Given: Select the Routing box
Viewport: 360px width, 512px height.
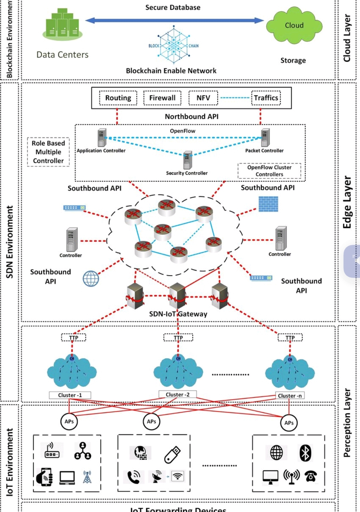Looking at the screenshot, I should pos(118,98).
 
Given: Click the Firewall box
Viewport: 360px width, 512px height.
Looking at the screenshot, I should pos(162,98).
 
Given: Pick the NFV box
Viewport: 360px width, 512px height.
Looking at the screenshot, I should pos(203,98).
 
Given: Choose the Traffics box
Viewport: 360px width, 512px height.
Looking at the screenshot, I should pos(266,98).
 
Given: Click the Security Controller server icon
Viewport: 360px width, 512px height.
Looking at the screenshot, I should pos(188,160).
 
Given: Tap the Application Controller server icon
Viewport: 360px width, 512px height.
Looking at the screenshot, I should pos(102,138).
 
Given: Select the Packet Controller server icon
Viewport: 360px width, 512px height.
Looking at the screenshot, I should pos(265,138).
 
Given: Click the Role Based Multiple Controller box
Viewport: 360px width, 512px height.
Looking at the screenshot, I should pos(48,152).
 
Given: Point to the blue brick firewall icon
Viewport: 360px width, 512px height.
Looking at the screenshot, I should pos(268,204).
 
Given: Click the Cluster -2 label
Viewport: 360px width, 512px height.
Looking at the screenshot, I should pos(177,394).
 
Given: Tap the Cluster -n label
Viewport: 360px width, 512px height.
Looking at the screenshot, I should pos(290,396).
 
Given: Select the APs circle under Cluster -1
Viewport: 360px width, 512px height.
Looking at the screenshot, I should pos(69,421).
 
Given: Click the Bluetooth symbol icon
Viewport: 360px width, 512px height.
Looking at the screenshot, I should pos(305,453).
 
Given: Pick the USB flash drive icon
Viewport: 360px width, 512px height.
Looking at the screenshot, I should pos(172,455).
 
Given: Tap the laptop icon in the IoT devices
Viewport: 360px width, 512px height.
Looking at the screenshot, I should pos(67,477).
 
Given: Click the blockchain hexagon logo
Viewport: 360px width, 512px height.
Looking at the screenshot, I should pos(174,46).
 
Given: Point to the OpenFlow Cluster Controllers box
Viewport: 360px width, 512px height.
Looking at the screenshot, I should pos(269,171).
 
